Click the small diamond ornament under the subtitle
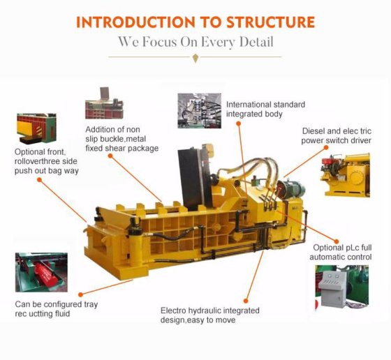point(195,59)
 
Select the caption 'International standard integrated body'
point(265,110)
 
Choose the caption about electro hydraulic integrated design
point(210,315)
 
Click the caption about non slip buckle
point(121,138)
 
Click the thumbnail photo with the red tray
point(41,273)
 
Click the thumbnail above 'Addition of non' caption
point(104,103)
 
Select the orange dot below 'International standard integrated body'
point(238,122)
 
